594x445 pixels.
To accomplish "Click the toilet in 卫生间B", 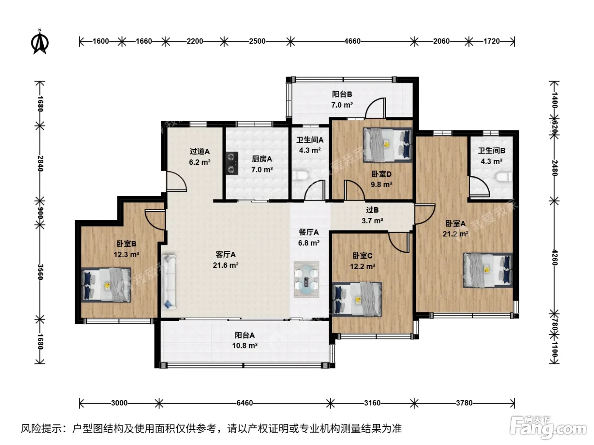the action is pos(504,177).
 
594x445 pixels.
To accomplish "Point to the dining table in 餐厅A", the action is pos(307,279).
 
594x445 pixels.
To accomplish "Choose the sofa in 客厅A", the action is pos(168,281).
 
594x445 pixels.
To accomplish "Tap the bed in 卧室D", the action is pos(387,145).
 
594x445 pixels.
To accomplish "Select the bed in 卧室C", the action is pos(357,299).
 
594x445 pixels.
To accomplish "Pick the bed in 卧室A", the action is pos(488,270).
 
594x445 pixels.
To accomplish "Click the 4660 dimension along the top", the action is pos(352,42).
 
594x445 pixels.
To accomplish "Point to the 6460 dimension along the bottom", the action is pos(245,403).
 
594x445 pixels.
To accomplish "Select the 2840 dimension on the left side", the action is pos(40,164).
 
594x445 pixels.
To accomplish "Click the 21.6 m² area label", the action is pos(226,265).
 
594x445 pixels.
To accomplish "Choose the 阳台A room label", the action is pos(245,335).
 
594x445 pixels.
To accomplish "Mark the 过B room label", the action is pos(373,210).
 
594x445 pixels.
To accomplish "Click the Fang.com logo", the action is pos(548,427).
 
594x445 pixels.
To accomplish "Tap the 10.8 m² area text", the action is pos(245,346).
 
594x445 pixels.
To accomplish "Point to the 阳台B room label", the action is pos(342,94).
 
